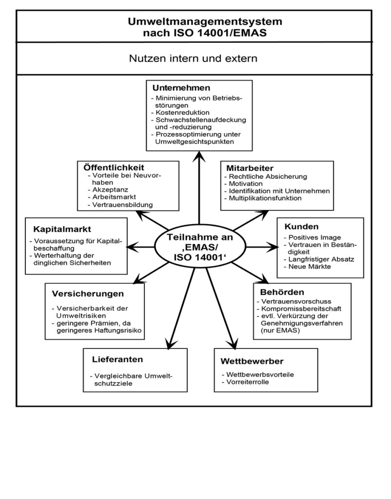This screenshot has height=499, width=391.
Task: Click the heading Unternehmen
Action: pyautogui.click(x=181, y=88)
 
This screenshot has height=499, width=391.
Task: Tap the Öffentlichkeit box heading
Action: pyautogui.click(x=114, y=168)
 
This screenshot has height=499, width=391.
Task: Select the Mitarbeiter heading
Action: pyautogui.click(x=250, y=168)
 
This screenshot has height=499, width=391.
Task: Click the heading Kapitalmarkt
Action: pyautogui.click(x=62, y=229)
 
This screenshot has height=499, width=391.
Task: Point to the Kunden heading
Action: pyautogui.click(x=301, y=227)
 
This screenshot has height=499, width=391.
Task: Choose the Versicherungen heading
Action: pyautogui.click(x=88, y=293)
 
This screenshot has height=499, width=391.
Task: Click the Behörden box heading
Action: pyautogui.click(x=282, y=292)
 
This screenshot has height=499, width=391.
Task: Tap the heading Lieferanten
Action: pyautogui.click(x=117, y=360)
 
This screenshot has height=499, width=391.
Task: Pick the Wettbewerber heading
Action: pyautogui.click(x=252, y=361)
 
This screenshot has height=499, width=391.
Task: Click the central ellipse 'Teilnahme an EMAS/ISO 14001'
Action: pyautogui.click(x=200, y=247)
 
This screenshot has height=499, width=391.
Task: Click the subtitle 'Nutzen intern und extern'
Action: pyautogui.click(x=193, y=58)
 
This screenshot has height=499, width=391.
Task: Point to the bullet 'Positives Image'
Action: pyautogui.click(x=313, y=237)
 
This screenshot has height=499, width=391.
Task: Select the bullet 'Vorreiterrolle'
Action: pyautogui.click(x=246, y=382)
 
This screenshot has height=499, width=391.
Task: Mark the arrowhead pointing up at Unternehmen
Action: pyautogui.click(x=199, y=157)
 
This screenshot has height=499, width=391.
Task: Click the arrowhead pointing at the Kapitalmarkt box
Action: pyautogui.click(x=132, y=247)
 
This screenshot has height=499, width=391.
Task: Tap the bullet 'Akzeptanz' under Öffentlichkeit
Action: pyautogui.click(x=108, y=190)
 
